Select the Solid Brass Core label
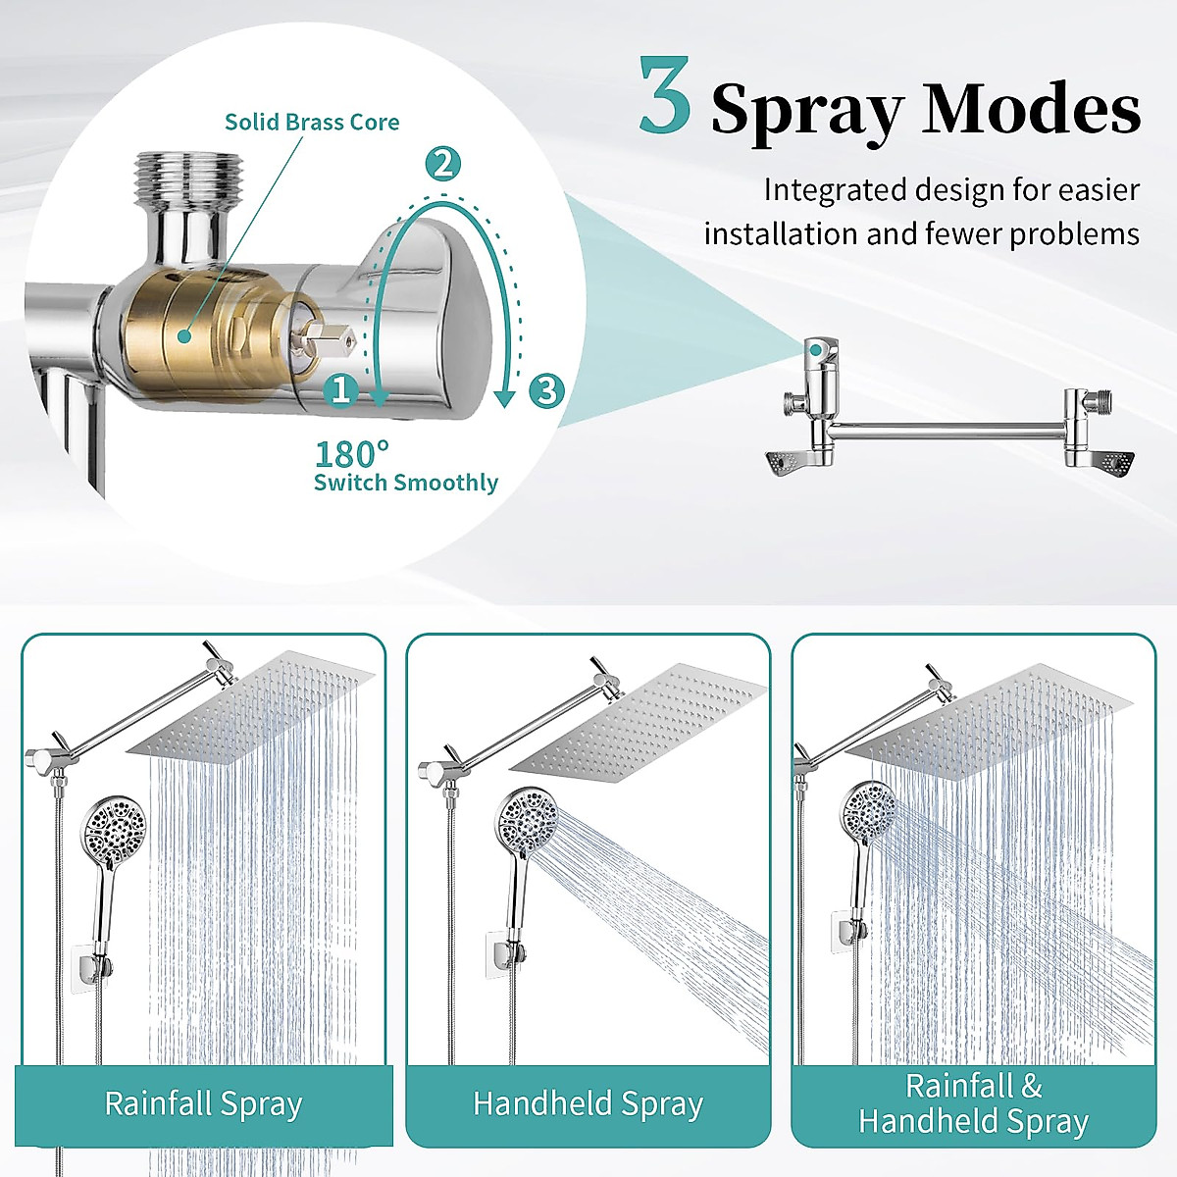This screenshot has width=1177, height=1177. (312, 123)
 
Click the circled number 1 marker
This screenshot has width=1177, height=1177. (341, 390)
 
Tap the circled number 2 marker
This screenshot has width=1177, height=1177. (443, 163)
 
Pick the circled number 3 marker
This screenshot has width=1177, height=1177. (546, 390)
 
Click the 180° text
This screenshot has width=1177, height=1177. (352, 454)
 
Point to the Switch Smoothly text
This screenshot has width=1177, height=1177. (406, 483)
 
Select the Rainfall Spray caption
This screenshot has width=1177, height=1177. (203, 1103)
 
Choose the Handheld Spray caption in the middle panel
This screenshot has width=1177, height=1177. (588, 1103)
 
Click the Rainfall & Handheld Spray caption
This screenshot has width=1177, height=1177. (973, 1103)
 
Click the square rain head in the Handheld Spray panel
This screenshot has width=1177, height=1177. (638, 726)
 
